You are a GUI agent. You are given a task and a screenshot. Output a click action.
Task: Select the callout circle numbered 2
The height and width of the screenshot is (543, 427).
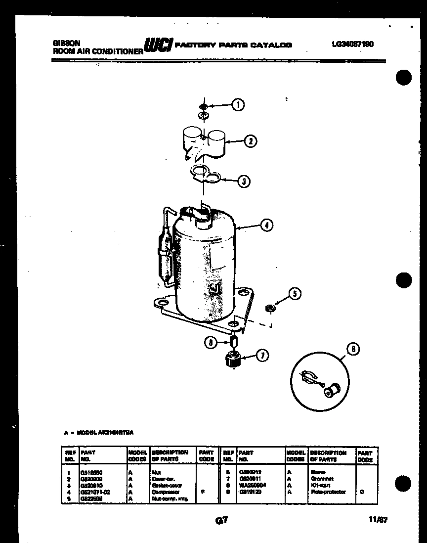tap(251, 141)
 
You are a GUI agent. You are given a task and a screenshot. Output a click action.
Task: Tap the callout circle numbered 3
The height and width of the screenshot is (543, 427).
tap(243, 181)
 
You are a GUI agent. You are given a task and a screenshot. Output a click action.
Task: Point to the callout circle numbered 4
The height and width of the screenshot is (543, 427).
tap(266, 226)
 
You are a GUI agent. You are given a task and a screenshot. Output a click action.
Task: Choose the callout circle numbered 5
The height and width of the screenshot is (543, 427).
tap(295, 294)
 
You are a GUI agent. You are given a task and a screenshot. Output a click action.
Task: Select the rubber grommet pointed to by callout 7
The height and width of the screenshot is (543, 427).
tap(232, 359)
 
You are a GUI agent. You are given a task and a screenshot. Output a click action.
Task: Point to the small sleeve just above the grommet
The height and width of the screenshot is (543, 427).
tap(234, 341)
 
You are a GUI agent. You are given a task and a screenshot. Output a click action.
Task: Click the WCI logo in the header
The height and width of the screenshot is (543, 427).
tap(157, 45)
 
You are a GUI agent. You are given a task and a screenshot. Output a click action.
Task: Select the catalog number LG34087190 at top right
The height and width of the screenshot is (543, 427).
tap(352, 44)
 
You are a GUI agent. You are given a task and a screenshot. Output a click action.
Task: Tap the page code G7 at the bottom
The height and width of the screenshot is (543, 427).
tap(220, 520)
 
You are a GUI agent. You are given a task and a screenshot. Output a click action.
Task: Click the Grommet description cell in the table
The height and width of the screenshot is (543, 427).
tap(322, 479)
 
